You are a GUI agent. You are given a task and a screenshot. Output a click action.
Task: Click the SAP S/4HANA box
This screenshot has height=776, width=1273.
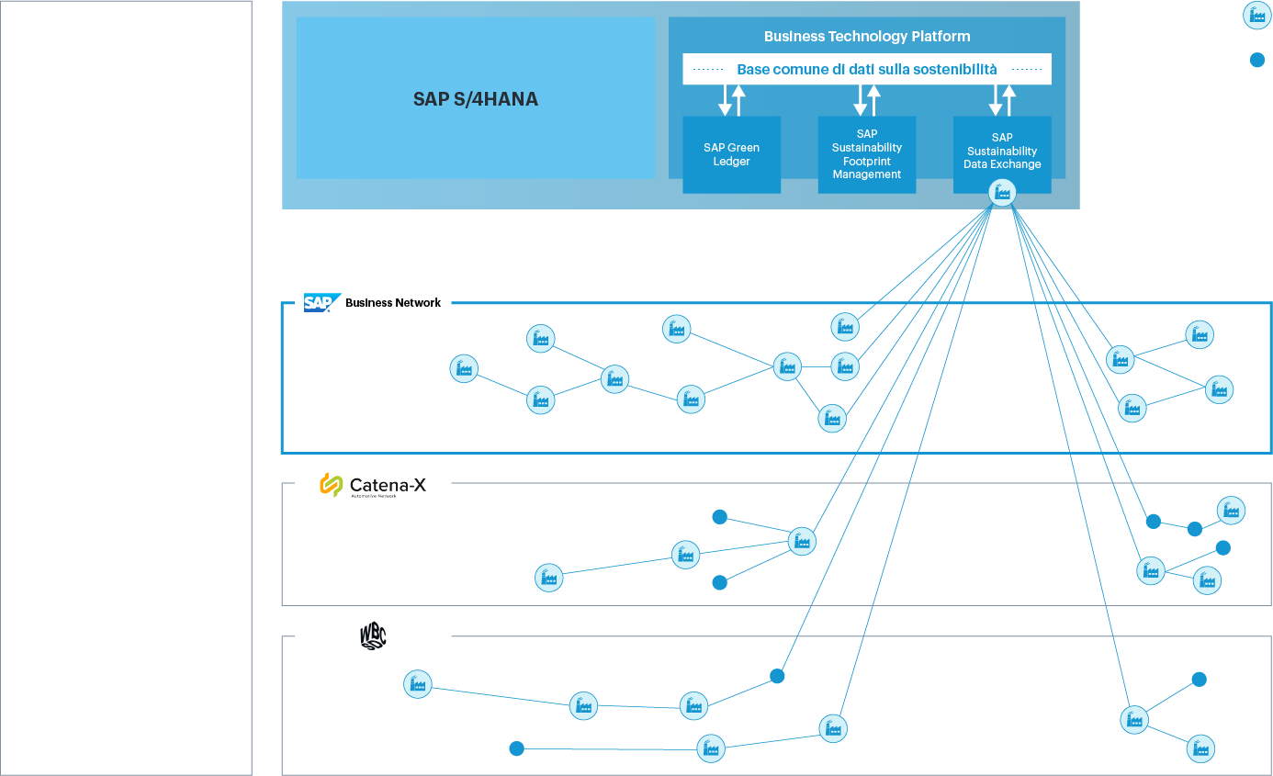[x=475, y=99]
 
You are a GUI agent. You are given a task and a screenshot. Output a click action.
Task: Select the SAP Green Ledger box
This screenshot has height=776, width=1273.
[x=731, y=154]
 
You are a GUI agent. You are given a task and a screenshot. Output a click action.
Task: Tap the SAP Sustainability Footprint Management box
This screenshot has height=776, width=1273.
[x=866, y=154]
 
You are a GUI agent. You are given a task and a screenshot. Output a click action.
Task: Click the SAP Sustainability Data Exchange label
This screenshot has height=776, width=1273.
[x=1002, y=151]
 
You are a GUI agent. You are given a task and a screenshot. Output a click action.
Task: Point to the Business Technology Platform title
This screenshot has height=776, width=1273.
[x=866, y=37]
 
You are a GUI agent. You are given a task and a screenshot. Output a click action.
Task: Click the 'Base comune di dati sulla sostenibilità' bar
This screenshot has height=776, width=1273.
[x=866, y=69]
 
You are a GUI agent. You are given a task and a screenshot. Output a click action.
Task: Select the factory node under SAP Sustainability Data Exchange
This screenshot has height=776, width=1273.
[x=1002, y=193]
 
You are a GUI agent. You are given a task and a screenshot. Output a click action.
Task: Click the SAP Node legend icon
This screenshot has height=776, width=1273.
[x=1256, y=16]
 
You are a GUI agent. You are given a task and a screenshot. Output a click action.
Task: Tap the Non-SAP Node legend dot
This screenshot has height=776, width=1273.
[x=1257, y=61]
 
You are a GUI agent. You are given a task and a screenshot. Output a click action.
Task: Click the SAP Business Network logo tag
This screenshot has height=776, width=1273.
[x=373, y=302]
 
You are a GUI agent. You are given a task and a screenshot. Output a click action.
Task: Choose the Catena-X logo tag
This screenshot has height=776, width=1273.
[x=373, y=485]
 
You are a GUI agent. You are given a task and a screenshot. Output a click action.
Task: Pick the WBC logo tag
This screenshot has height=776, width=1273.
[x=373, y=635]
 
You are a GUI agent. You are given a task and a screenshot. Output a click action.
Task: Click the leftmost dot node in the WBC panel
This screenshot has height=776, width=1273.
[x=516, y=748]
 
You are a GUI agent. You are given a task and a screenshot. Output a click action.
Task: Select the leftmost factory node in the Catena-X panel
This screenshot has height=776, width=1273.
[x=548, y=577]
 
